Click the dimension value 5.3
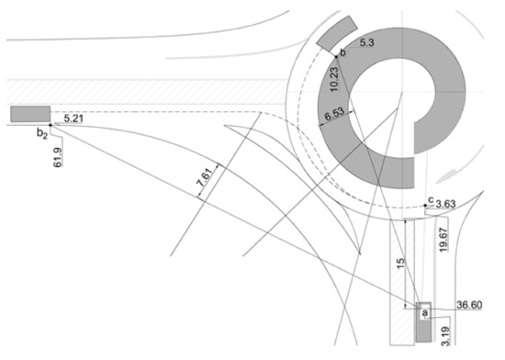pos(366,42)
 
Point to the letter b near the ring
pos(342,54)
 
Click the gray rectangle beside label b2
pos(30,113)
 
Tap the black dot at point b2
pos(50,124)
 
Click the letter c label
pos(428,197)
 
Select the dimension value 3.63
pos(447,202)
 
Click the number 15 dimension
pos(398,262)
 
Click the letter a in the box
pos(424,312)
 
